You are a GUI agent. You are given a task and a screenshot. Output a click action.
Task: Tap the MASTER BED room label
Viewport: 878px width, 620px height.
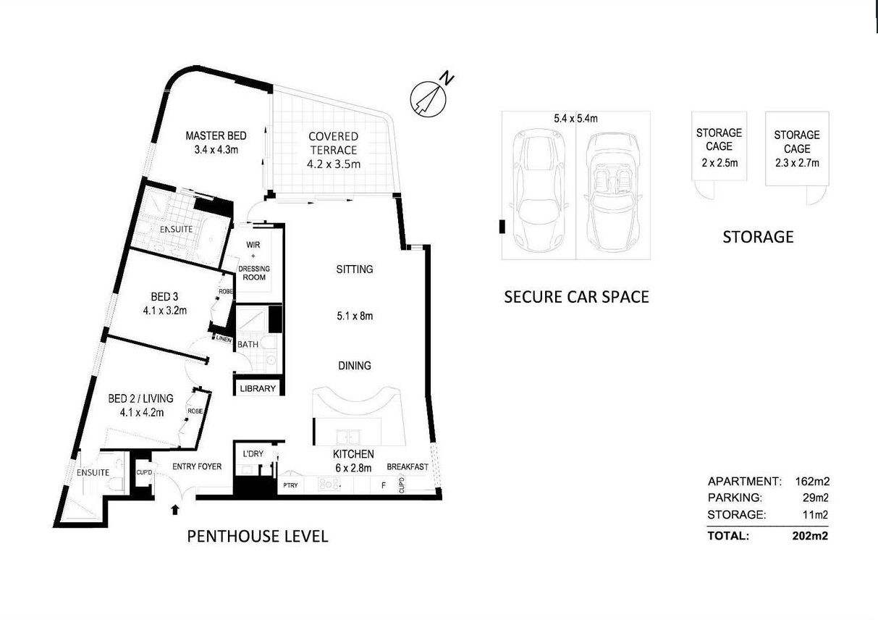216,135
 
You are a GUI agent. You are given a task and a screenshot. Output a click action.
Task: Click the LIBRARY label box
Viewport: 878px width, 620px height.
258,388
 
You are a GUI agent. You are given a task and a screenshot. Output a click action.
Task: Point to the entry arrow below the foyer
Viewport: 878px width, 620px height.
174,509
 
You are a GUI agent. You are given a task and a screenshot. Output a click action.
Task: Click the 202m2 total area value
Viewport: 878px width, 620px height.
810,536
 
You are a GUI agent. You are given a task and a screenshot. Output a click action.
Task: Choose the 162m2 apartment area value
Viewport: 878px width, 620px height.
811,482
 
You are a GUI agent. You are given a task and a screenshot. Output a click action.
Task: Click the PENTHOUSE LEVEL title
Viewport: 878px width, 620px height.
258,537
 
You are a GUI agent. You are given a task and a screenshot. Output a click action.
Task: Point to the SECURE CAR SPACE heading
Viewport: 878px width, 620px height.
576,296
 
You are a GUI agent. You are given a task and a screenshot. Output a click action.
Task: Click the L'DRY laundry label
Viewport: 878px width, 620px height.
253,454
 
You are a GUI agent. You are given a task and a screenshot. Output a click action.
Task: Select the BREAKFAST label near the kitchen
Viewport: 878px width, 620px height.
408,467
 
